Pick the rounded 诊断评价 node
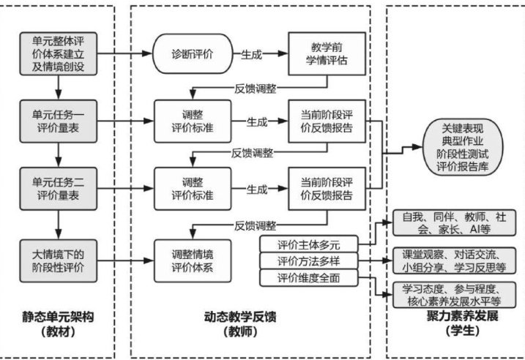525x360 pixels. tap(189, 53)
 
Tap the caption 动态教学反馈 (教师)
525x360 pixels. tap(249, 325)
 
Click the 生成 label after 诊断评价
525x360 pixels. tap(253, 54)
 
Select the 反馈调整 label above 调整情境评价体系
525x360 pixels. tap(256, 224)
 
